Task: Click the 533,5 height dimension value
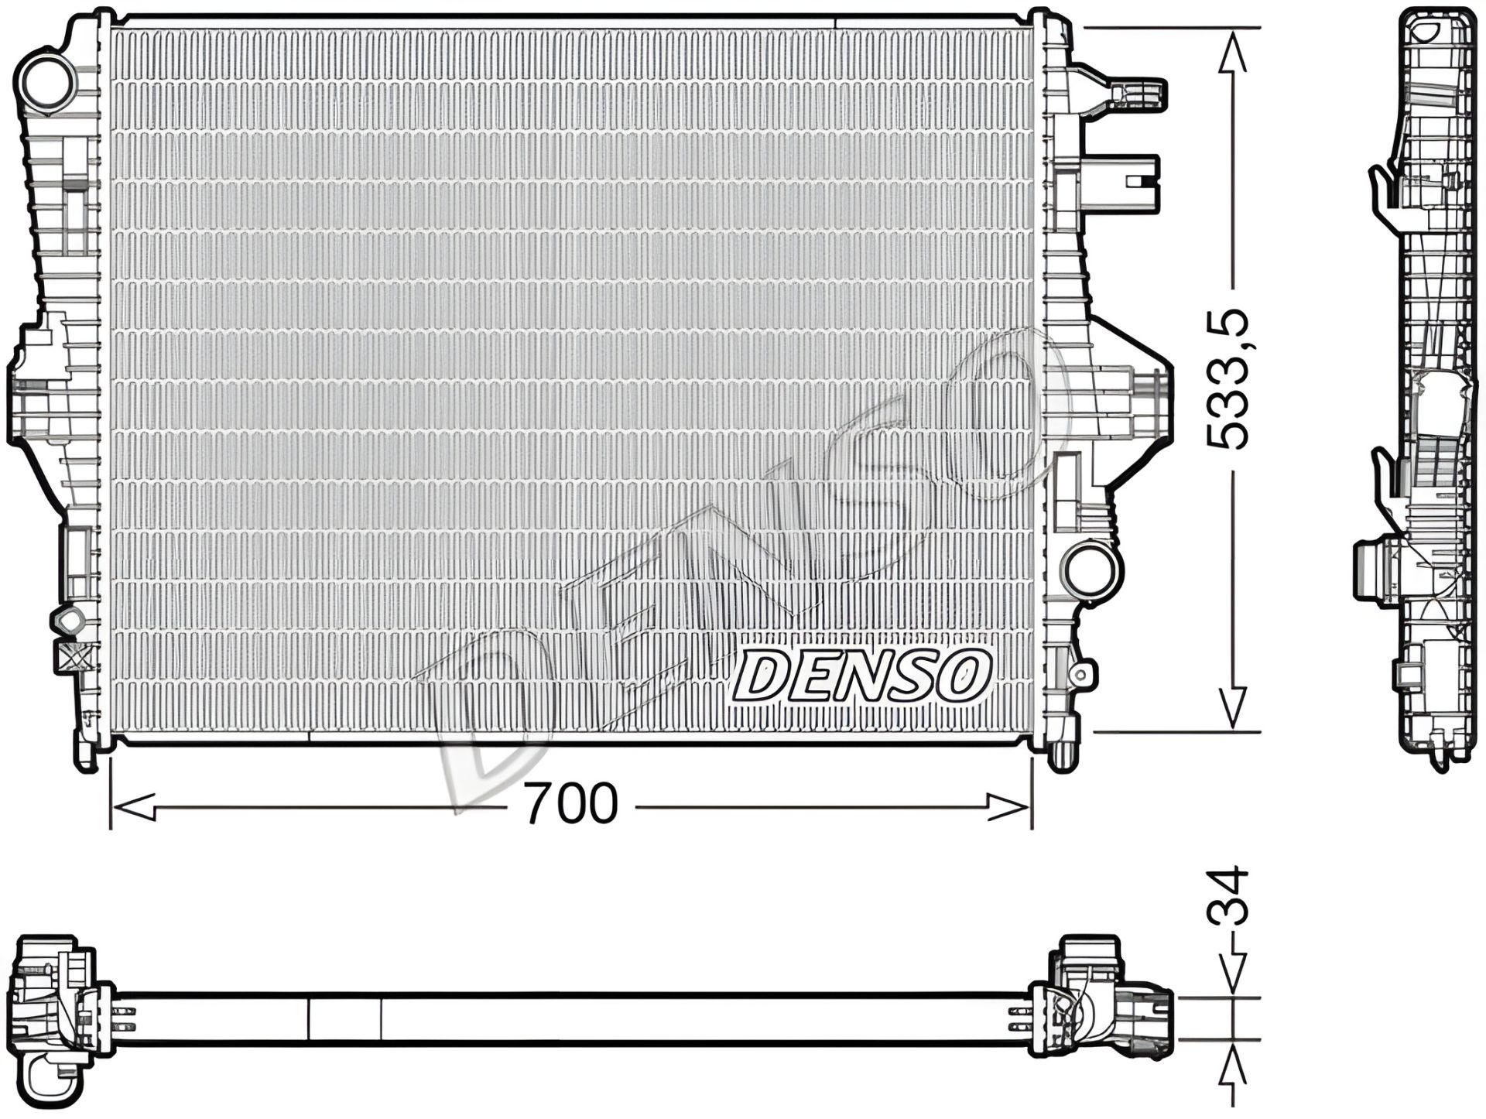(1228, 378)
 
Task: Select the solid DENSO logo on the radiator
(861, 675)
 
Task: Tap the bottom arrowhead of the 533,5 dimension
(1232, 707)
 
